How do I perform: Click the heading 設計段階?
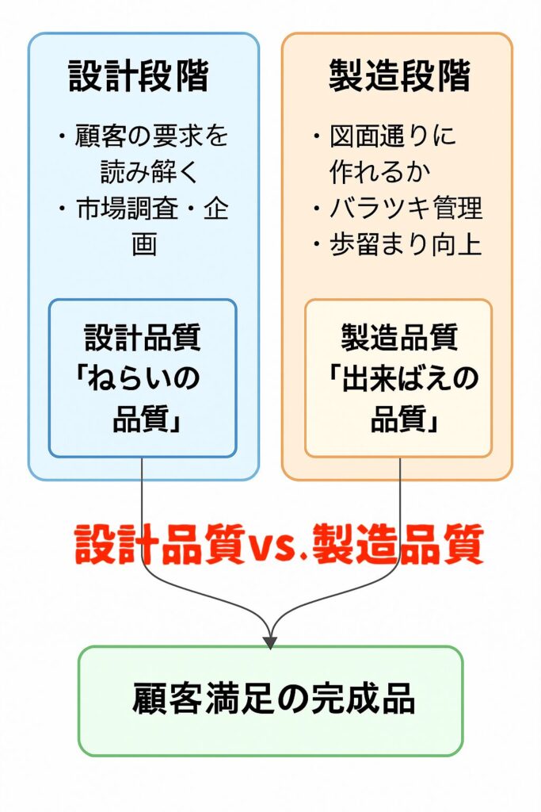coord(143,78)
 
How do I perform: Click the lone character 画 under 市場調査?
coord(143,245)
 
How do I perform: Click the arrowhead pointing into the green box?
coord(270,641)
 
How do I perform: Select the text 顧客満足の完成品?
coord(273,701)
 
